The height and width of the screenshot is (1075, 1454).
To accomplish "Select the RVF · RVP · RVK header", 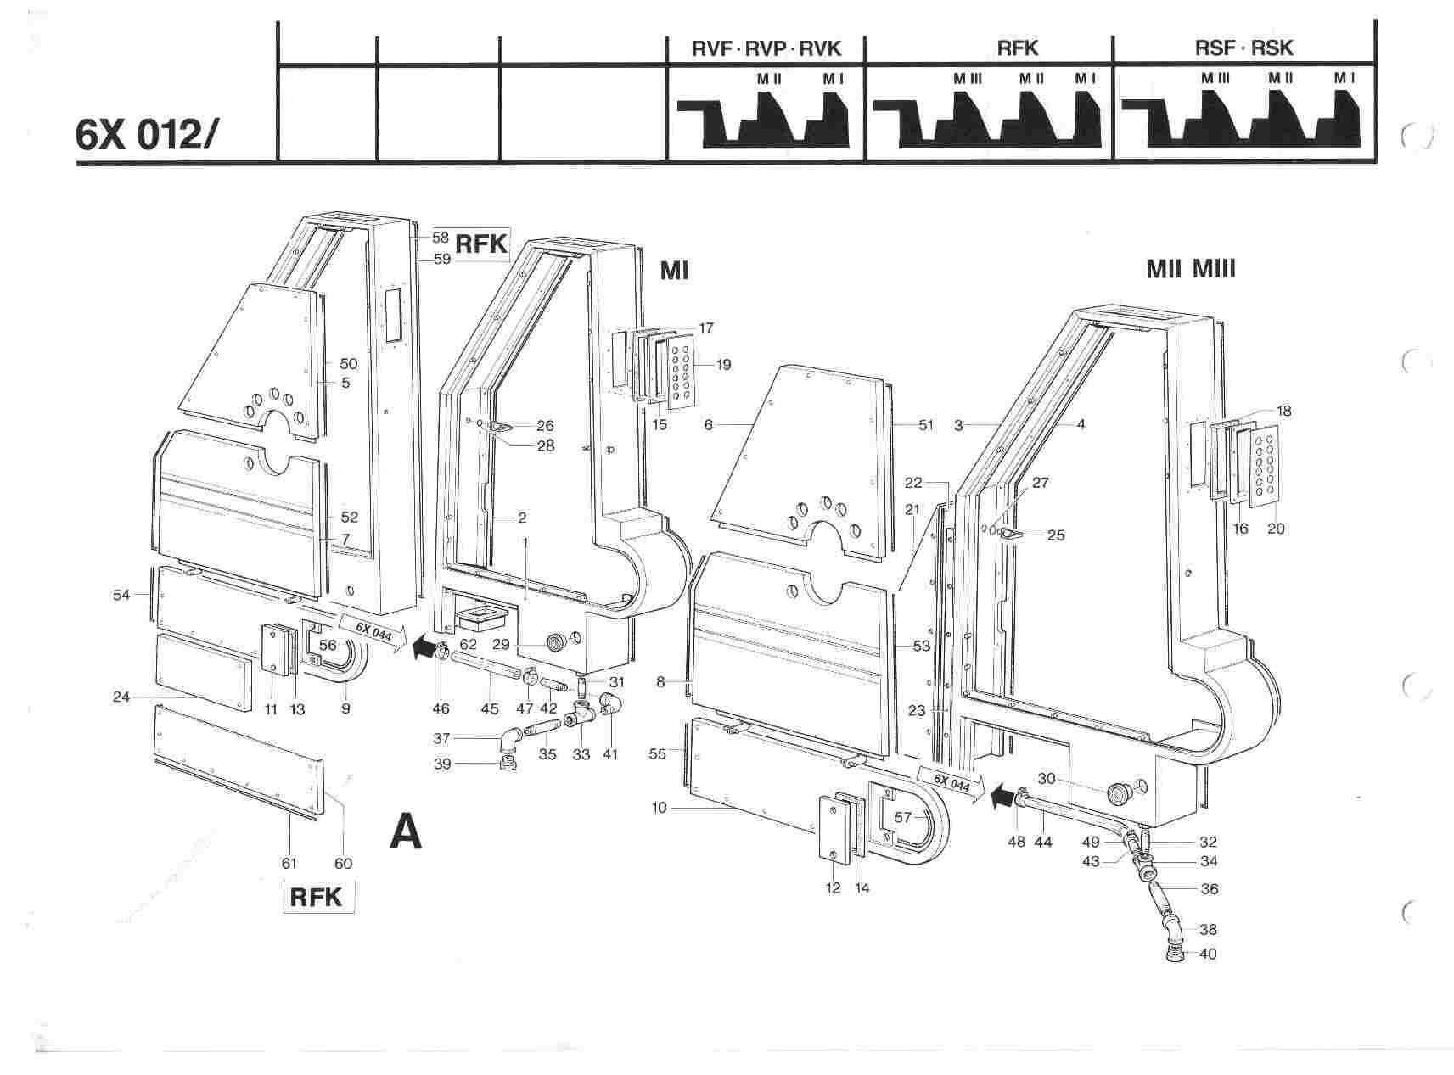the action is pos(766,48).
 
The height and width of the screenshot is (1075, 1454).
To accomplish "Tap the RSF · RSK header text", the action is pos(1243,48).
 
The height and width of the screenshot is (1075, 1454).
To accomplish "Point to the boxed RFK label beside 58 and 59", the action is pos(481,244).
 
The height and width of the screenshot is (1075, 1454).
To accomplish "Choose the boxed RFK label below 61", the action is pos(316,897).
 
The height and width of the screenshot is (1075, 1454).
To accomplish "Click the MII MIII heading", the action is pos(1190,270).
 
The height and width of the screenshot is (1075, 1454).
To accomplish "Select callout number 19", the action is pos(723,365).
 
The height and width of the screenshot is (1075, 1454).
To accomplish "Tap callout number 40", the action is pos(1208,954).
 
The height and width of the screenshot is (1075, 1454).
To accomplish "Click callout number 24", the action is pos(121,697).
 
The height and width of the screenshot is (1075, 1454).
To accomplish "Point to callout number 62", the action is pos(468,644).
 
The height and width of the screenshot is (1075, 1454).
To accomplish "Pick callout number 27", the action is pos(1040,483).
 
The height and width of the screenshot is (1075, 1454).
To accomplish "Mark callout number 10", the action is pos(660,808).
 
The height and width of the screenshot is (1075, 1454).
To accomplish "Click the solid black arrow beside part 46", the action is pos(420,649).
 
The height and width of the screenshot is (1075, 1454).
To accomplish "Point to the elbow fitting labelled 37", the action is pos(512,739).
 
